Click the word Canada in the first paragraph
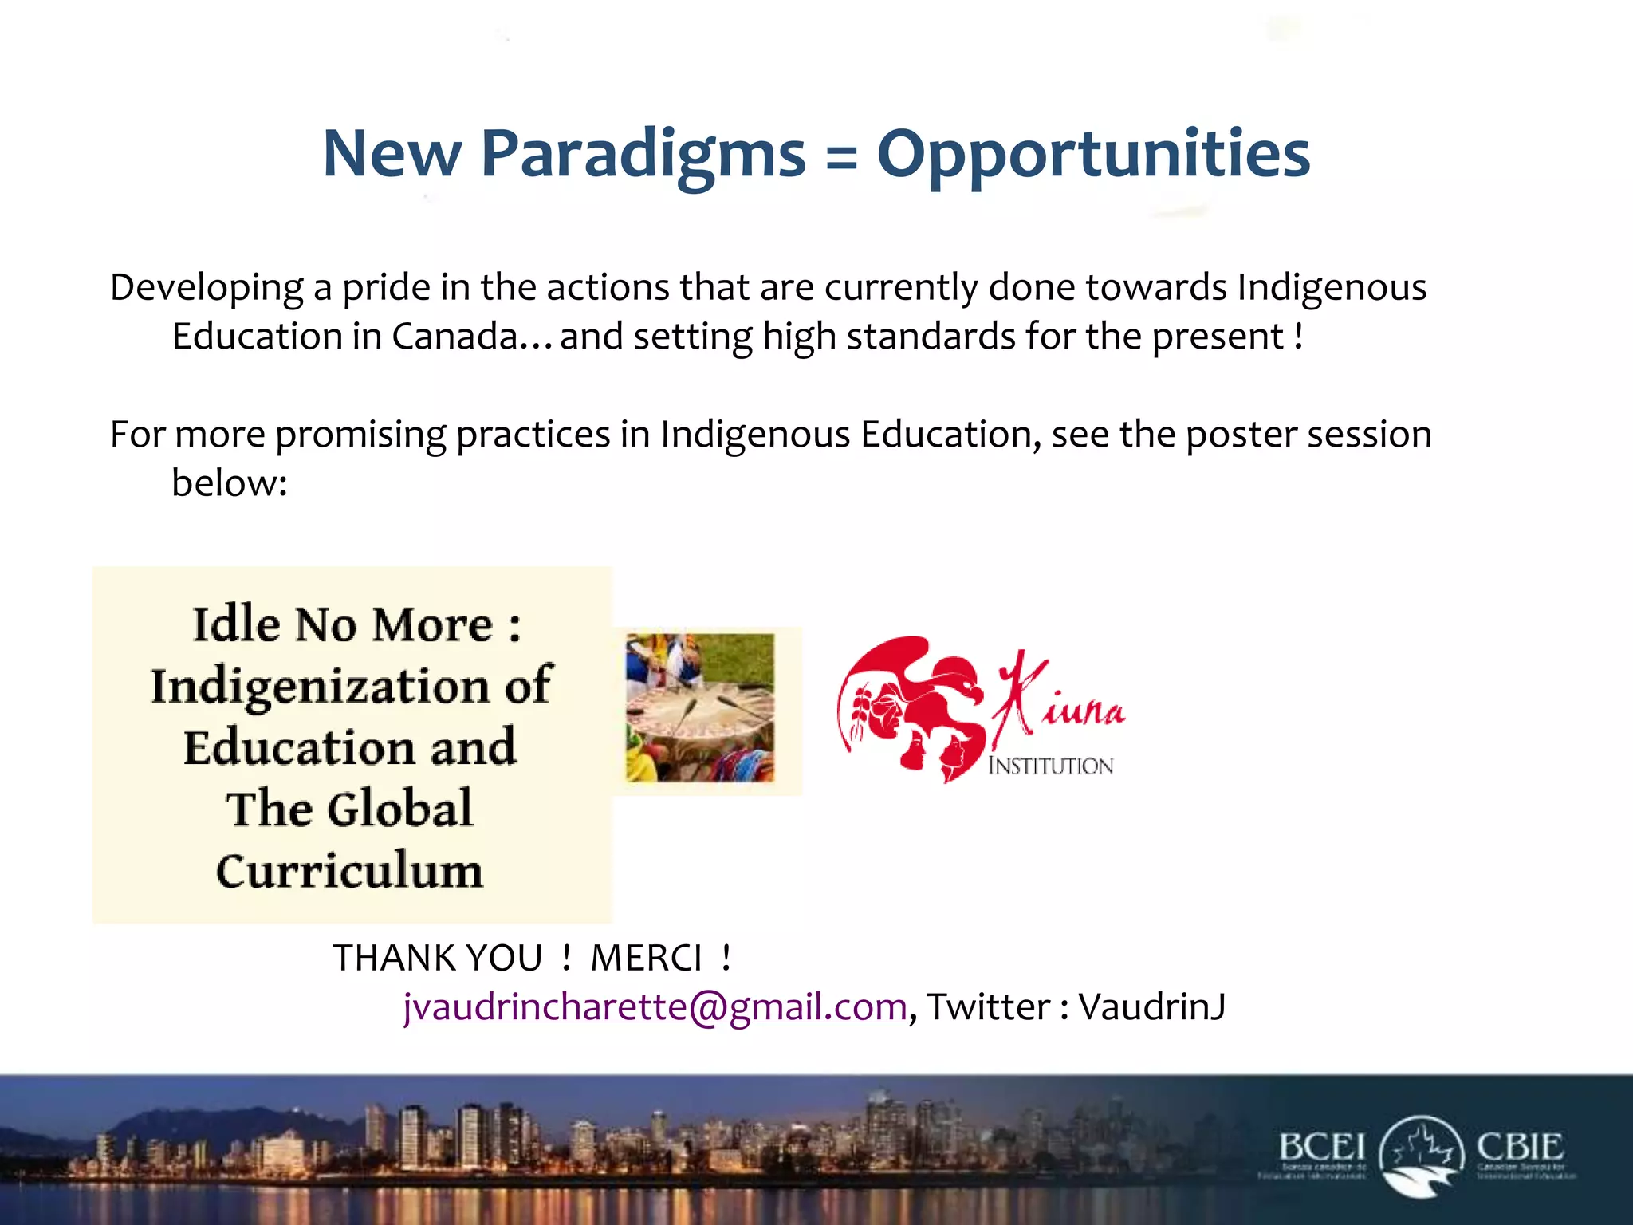coord(454,336)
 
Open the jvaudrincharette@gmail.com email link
coord(655,1006)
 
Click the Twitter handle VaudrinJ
coord(1152,1006)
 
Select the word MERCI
coord(646,958)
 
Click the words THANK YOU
coord(437,958)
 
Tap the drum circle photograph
coord(699,707)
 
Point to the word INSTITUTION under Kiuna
coord(1050,766)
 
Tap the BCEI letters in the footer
coord(1321,1148)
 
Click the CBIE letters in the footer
coord(1519,1148)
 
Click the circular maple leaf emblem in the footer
coord(1421,1154)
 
